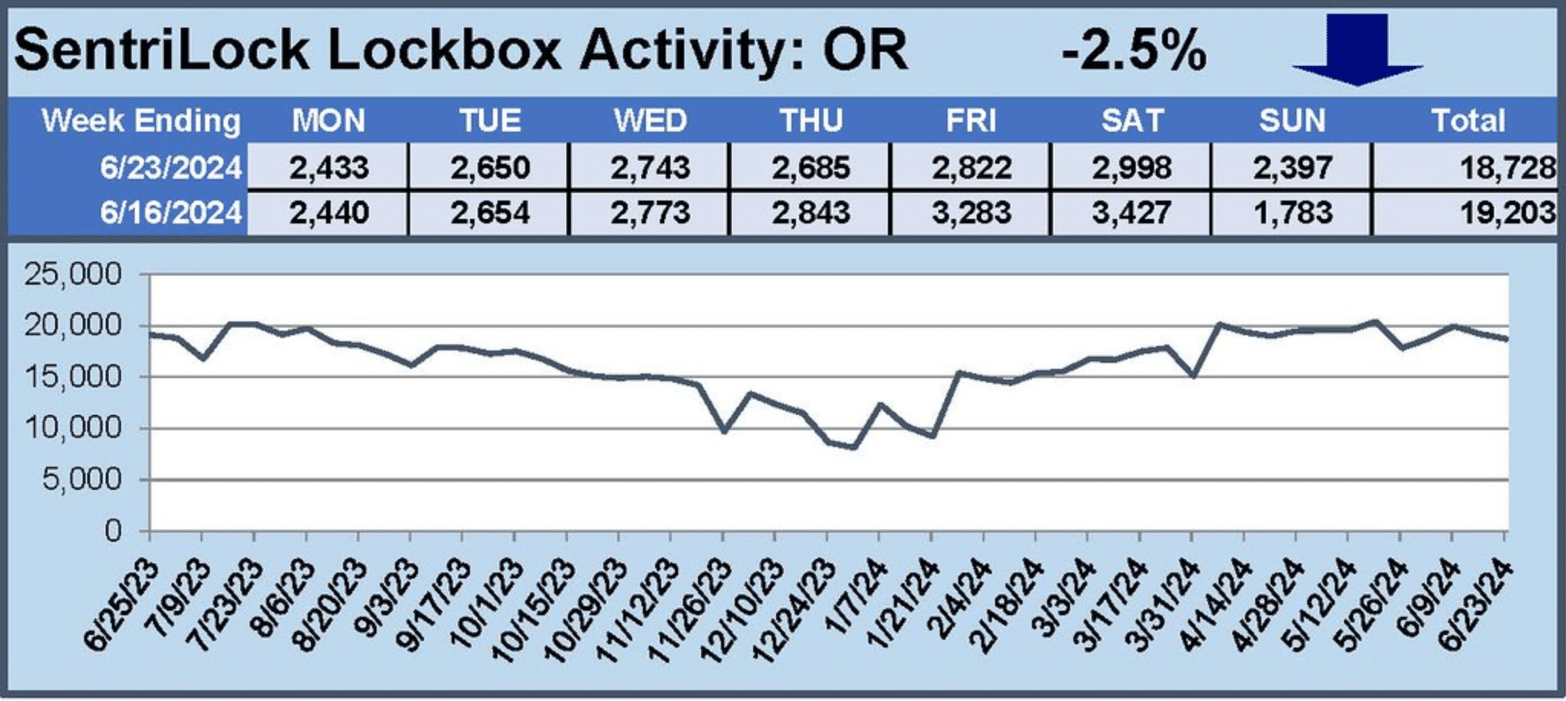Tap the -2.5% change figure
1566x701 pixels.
click(x=1134, y=51)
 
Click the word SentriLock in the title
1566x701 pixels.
click(x=161, y=51)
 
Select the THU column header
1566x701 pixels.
click(x=811, y=120)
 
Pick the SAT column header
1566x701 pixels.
click(x=1132, y=120)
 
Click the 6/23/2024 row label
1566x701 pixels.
click(x=171, y=167)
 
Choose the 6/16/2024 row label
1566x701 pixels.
click(x=171, y=212)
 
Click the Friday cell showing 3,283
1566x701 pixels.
click(x=971, y=212)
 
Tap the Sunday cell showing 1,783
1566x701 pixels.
click(x=1293, y=212)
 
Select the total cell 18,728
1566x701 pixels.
click(x=1507, y=167)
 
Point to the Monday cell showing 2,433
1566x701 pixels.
click(x=329, y=167)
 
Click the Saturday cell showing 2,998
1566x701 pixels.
click(x=1132, y=167)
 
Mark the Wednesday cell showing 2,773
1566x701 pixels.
click(x=651, y=212)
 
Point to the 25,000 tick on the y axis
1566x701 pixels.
click(x=73, y=273)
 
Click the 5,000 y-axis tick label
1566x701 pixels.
click(x=82, y=479)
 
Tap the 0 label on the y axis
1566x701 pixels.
click(x=113, y=530)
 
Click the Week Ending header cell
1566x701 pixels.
click(x=141, y=120)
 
